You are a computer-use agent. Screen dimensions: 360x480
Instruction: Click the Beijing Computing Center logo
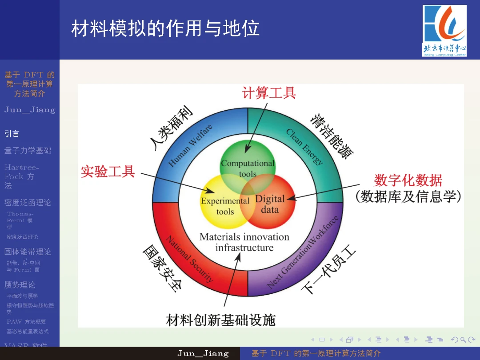point(444,31)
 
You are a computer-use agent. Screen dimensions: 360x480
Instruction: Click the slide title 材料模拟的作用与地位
point(165,28)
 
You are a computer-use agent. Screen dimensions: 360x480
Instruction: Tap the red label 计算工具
point(269,93)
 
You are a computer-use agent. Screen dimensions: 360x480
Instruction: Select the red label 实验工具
point(108,171)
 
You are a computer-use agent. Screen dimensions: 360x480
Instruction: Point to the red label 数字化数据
point(408,180)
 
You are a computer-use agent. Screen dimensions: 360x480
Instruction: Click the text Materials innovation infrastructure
point(244,242)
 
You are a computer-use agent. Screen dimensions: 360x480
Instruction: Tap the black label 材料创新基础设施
point(221,320)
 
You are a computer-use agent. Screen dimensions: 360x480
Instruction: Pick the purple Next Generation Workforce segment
point(307,258)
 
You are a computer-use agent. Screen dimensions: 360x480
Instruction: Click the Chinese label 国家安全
point(162,269)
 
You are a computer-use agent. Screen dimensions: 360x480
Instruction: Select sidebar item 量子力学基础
point(28,151)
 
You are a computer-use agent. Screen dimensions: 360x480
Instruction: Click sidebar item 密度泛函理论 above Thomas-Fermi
point(28,203)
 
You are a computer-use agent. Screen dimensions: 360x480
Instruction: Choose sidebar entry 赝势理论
point(20,284)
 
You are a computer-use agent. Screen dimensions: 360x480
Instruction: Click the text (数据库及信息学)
point(408,196)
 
